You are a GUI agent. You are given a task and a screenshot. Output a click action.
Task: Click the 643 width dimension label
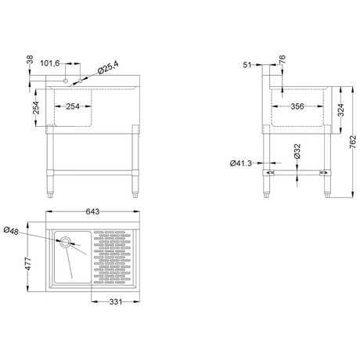coord(92,211)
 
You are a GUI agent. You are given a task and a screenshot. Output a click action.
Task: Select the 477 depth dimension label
coord(27,264)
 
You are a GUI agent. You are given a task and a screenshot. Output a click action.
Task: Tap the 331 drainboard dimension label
coord(116,302)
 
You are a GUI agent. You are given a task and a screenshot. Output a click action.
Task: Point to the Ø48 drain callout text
coord(11,231)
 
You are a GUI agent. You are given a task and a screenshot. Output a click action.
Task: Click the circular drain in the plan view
coord(65,242)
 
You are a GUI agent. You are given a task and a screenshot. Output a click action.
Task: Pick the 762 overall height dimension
coord(353,142)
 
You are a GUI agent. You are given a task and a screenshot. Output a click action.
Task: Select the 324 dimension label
coord(340,110)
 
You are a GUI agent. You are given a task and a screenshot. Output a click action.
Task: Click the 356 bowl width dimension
coord(297,106)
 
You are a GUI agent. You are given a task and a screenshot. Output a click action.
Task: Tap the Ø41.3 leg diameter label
coord(241,164)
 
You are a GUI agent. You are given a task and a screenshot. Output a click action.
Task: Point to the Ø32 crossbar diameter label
coord(297,151)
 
